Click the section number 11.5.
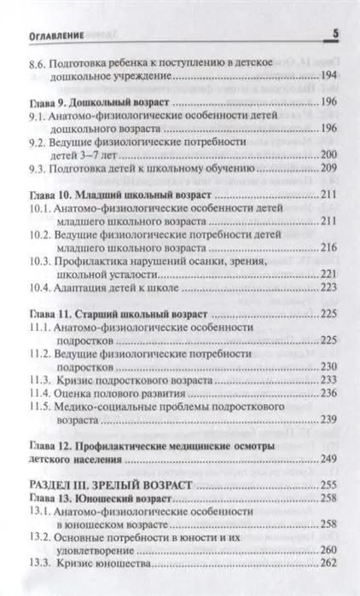pos(39,408)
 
